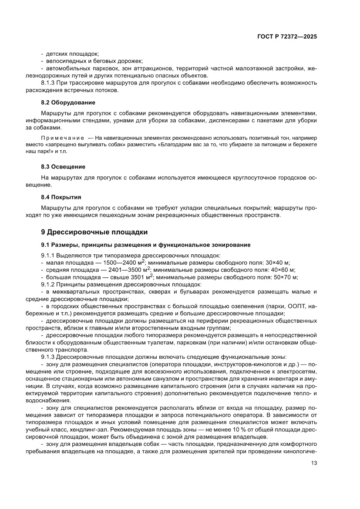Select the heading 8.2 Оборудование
68,103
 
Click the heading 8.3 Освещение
63,167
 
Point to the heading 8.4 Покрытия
61,197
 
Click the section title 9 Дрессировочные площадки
94,232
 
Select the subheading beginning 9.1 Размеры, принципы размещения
145,245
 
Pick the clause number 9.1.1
48,255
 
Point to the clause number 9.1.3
48,356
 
